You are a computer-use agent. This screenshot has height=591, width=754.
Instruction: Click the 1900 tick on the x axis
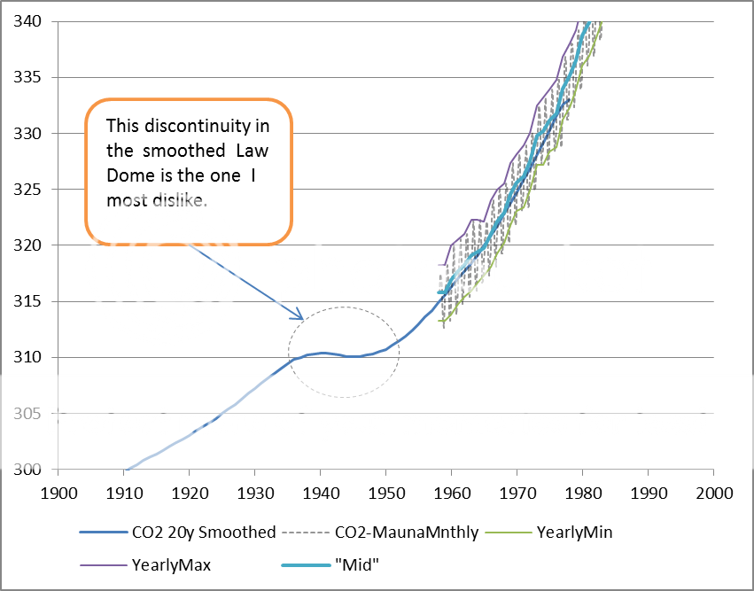pyautogui.click(x=58, y=489)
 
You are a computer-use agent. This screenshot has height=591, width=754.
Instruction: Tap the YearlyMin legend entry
pyautogui.click(x=577, y=533)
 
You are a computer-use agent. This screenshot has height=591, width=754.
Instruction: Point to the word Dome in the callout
pyautogui.click(x=128, y=175)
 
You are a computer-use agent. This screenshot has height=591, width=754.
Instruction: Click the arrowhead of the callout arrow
pyautogui.click(x=301, y=318)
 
